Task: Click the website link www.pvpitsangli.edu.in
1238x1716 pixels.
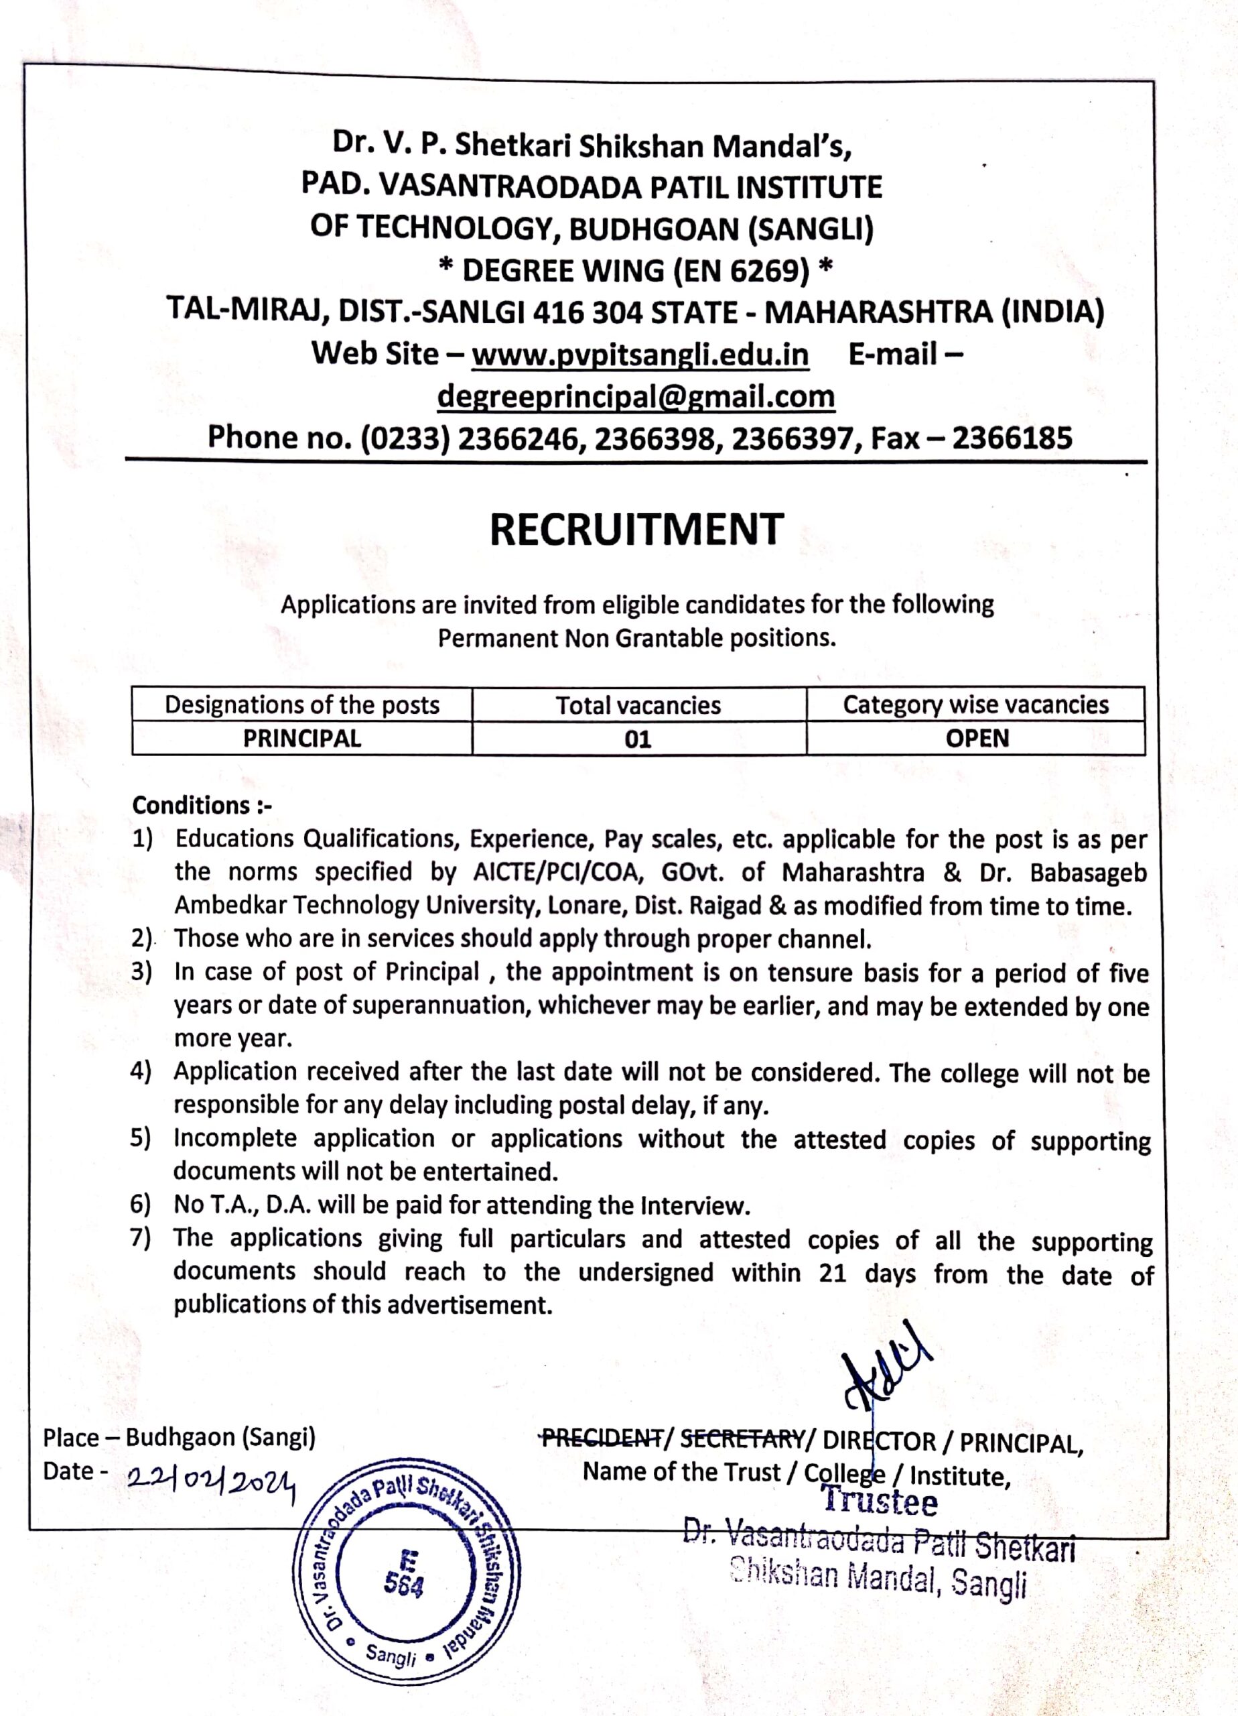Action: [x=640, y=354]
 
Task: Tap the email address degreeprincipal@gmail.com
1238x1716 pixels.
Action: [x=636, y=395]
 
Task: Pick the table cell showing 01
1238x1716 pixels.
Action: [x=638, y=739]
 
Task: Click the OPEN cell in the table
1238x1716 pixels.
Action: [x=976, y=739]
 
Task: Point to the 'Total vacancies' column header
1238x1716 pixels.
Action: [x=638, y=705]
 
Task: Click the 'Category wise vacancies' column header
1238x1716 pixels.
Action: [x=975, y=704]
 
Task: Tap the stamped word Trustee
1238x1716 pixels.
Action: [x=880, y=1502]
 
